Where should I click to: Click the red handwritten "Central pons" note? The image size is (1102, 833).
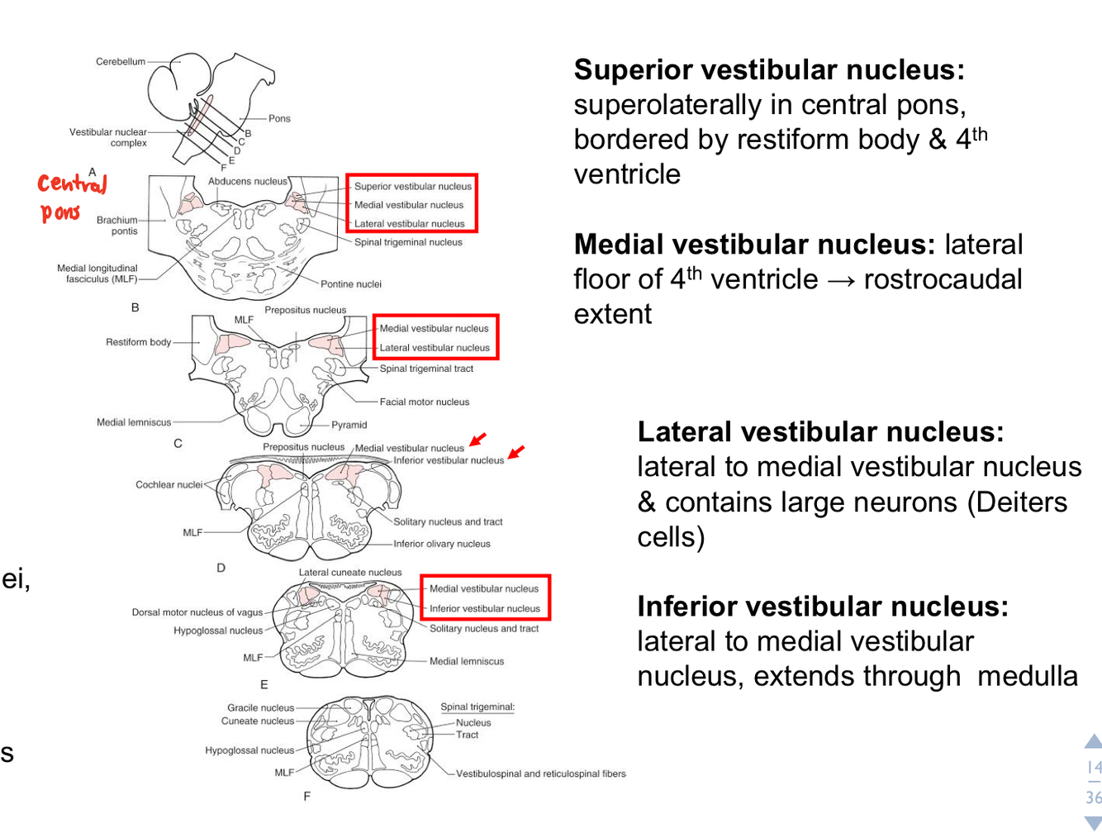(x=72, y=198)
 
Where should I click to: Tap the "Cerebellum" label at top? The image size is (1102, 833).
(x=121, y=61)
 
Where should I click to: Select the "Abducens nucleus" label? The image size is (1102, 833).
(x=248, y=181)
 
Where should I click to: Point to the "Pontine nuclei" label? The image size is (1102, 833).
(x=351, y=283)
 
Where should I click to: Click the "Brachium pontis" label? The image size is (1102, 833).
(x=117, y=226)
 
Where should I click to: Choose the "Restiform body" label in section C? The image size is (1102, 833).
(x=138, y=341)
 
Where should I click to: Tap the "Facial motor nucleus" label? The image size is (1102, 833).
(x=424, y=402)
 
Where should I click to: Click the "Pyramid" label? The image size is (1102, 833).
(x=349, y=425)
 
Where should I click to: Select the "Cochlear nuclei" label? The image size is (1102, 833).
(x=169, y=484)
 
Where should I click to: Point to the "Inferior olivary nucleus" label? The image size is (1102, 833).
(x=441, y=544)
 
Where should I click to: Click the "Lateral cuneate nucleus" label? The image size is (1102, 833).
(x=350, y=572)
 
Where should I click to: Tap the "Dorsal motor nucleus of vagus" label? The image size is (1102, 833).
(x=197, y=612)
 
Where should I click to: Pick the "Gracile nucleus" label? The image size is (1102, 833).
(x=260, y=707)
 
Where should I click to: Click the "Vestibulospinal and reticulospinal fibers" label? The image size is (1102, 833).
(x=540, y=773)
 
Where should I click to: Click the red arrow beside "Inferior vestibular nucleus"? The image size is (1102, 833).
(x=516, y=452)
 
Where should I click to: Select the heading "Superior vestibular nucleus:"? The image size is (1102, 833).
(x=769, y=70)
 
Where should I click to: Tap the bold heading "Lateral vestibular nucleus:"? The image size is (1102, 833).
(x=820, y=431)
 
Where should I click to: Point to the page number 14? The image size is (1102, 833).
(x=1093, y=768)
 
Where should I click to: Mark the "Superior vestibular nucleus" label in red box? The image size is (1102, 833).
(x=412, y=186)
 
